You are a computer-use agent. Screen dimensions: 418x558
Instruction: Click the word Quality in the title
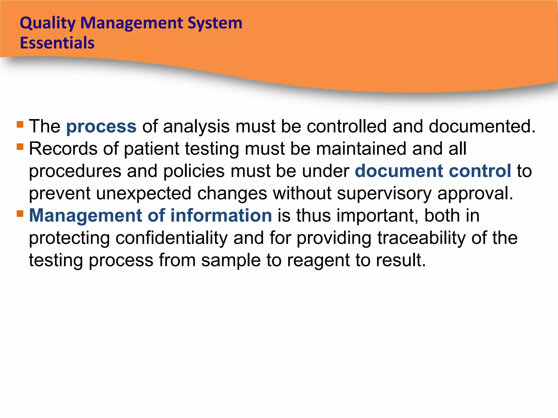click(x=48, y=23)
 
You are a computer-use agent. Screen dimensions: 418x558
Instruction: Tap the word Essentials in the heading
click(x=57, y=43)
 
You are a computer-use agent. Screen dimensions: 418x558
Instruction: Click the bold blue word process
click(x=101, y=127)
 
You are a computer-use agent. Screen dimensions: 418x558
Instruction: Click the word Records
click(x=63, y=149)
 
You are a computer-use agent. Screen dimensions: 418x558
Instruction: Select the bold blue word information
click(x=221, y=216)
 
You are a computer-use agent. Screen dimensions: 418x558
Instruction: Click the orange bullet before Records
click(x=20, y=147)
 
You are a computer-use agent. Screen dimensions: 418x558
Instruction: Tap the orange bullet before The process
click(x=20, y=125)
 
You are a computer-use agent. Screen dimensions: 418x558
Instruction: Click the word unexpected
click(x=144, y=193)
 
